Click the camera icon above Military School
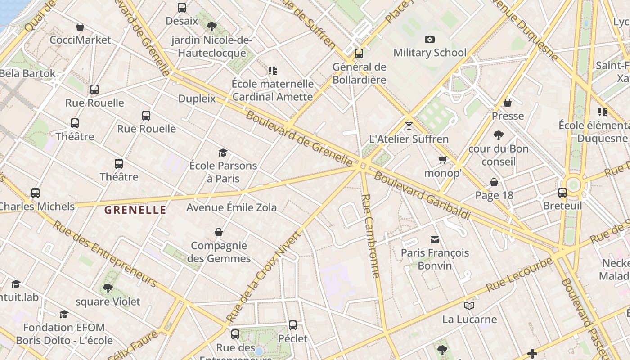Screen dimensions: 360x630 (x=430, y=40)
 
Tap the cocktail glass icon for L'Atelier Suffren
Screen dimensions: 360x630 (x=409, y=126)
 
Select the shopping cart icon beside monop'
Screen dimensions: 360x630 (x=443, y=160)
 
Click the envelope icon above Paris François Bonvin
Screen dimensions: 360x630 (x=435, y=240)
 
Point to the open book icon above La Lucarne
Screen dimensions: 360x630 (x=469, y=306)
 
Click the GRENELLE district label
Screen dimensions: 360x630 (x=135, y=210)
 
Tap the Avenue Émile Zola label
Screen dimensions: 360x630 (x=232, y=207)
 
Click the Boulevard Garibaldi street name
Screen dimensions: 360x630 (x=422, y=196)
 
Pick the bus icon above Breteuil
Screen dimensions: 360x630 (x=562, y=193)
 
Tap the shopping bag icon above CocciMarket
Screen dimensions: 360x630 (x=80, y=27)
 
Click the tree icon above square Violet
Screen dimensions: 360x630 (x=108, y=288)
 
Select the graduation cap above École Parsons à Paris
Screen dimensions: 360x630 (x=223, y=153)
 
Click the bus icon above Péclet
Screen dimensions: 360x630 (x=293, y=325)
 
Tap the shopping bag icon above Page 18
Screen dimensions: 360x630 (x=494, y=182)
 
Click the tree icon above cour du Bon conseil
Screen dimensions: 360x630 (x=498, y=135)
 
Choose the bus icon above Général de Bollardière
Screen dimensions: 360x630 (x=359, y=54)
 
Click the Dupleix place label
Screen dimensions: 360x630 (x=197, y=99)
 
